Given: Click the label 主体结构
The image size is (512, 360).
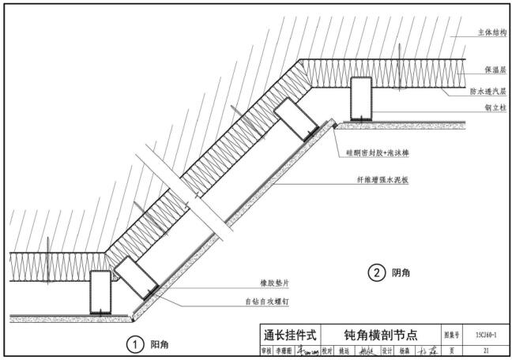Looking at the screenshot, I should click(x=491, y=33).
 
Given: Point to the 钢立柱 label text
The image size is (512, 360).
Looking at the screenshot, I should click(x=494, y=108).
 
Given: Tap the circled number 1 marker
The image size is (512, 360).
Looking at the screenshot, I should click(x=136, y=343).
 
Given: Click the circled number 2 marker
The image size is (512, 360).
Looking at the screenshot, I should click(x=376, y=273).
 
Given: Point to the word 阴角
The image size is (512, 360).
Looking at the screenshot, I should click(x=401, y=273).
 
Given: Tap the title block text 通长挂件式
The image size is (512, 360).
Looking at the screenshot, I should click(x=290, y=335).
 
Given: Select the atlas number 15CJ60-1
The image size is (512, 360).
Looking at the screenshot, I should click(x=486, y=335).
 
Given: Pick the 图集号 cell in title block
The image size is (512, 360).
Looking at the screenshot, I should click(x=450, y=335).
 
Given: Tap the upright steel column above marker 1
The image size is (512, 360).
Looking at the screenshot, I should click(x=100, y=292).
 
